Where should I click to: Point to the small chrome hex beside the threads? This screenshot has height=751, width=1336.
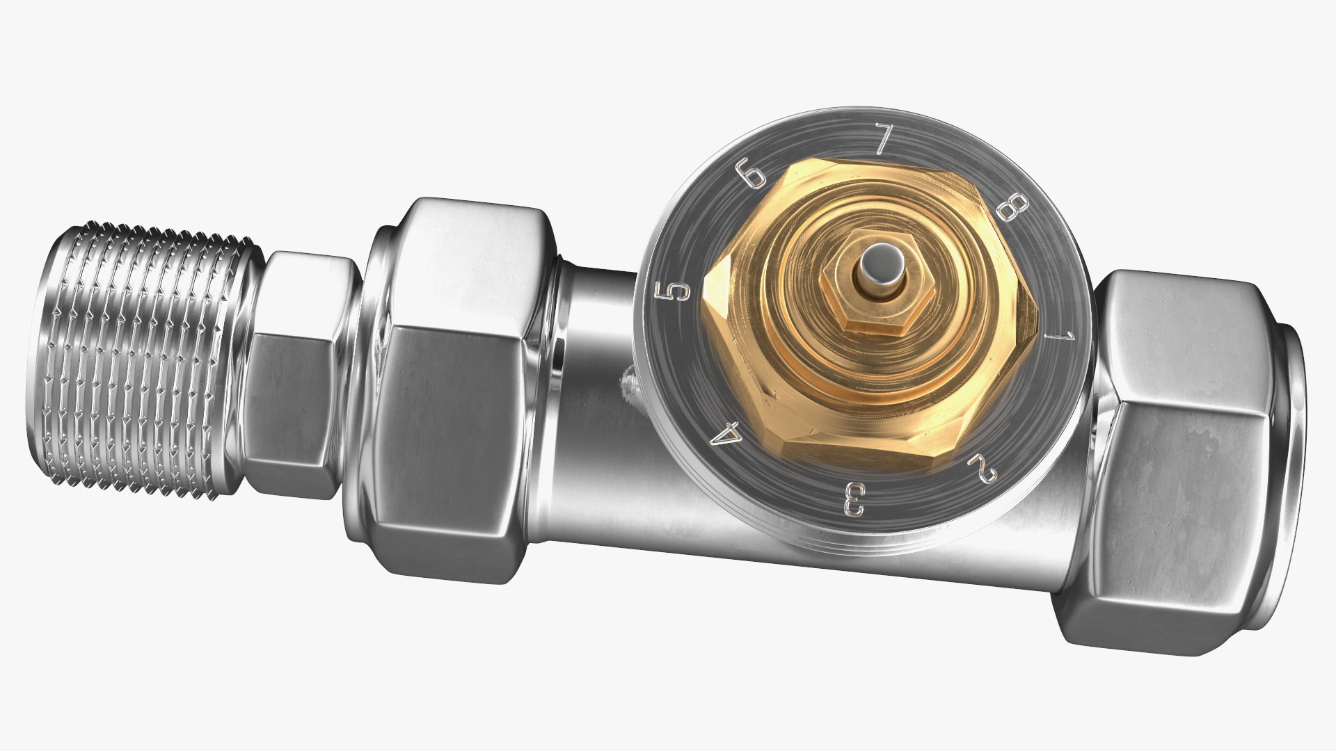tap(292, 375)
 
